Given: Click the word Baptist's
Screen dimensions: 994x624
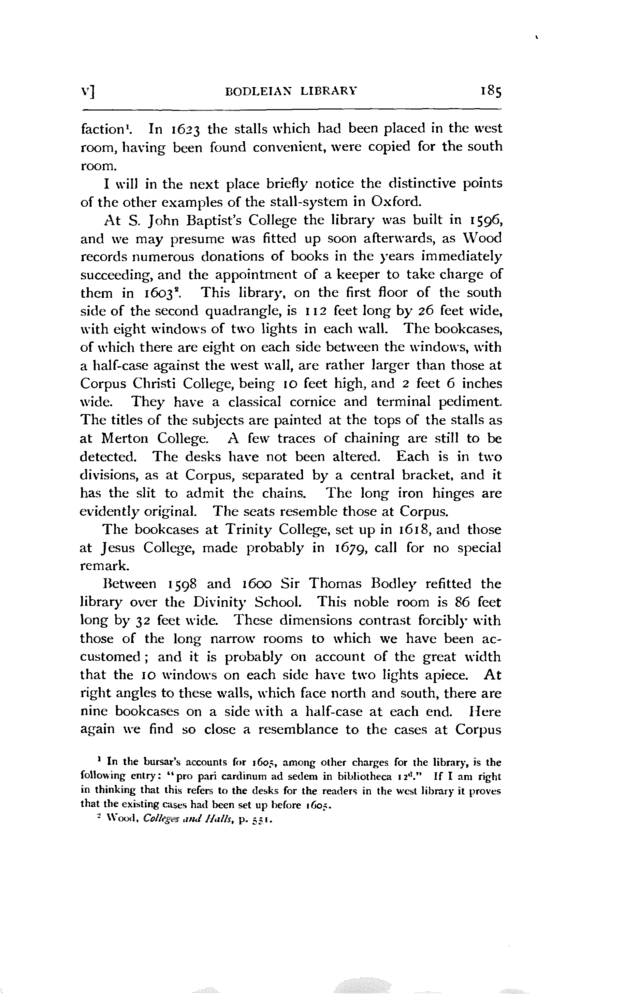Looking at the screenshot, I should click(x=197, y=220).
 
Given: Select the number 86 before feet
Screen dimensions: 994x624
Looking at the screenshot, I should click(x=463, y=602).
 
